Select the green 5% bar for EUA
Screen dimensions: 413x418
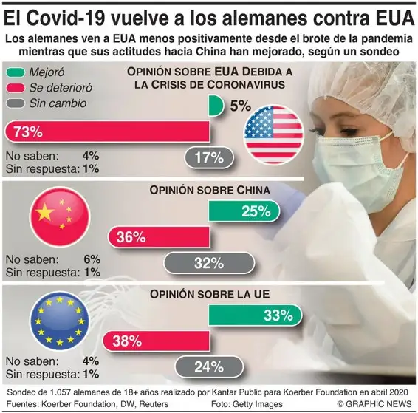point(215,106)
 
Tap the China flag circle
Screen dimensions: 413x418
point(58,214)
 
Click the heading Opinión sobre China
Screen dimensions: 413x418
point(209,190)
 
